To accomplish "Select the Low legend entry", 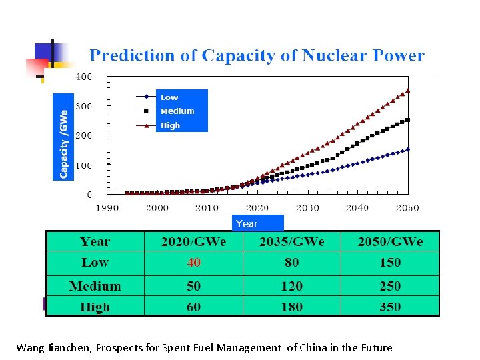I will (x=169, y=97).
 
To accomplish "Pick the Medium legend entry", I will (x=177, y=111).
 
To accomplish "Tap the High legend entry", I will (x=171, y=125).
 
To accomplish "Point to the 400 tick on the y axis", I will (x=84, y=77).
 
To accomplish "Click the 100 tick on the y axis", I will (x=84, y=165).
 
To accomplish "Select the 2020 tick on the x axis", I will (x=257, y=208).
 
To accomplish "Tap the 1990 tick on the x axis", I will (x=107, y=208).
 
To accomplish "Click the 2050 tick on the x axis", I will (x=407, y=208).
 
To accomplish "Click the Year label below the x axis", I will (x=247, y=224).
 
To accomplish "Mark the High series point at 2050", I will (x=408, y=91).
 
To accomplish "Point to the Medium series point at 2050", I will (x=408, y=120).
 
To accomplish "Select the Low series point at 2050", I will (x=408, y=149).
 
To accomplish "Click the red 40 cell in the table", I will (x=193, y=263).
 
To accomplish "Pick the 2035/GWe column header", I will (x=291, y=241).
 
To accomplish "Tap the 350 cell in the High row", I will (x=390, y=307).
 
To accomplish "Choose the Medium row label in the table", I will (x=95, y=286).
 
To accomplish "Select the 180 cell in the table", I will (x=291, y=307).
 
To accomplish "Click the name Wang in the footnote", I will (x=29, y=347).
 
